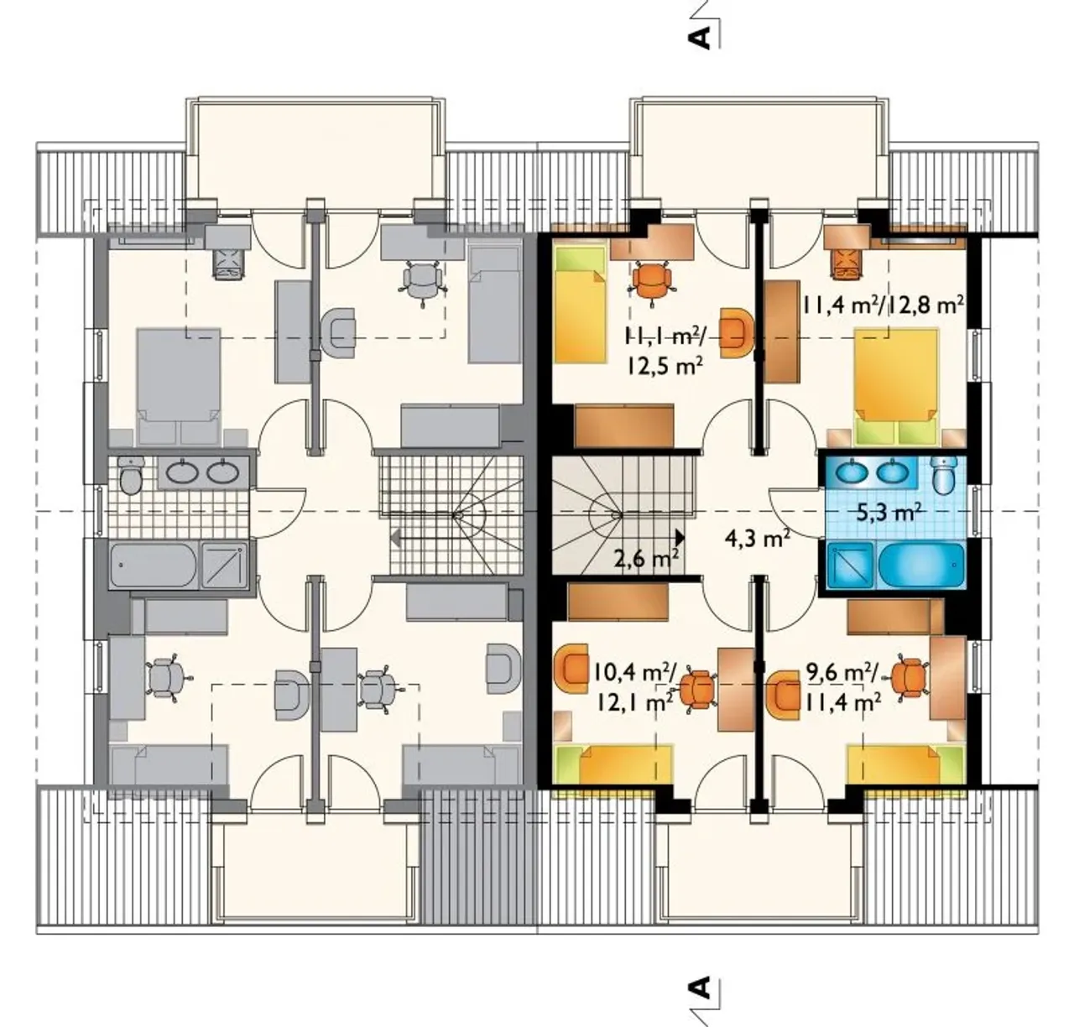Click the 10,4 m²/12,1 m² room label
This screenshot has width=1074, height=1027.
tap(634, 686)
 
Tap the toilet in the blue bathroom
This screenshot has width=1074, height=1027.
tap(941, 474)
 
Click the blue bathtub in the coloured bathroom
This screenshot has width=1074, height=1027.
tap(921, 566)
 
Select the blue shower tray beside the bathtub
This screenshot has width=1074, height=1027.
tap(851, 566)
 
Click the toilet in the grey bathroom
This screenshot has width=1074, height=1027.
tap(130, 475)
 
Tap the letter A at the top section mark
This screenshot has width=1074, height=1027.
tap(700, 38)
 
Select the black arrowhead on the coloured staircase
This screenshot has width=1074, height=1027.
tap(680, 537)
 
